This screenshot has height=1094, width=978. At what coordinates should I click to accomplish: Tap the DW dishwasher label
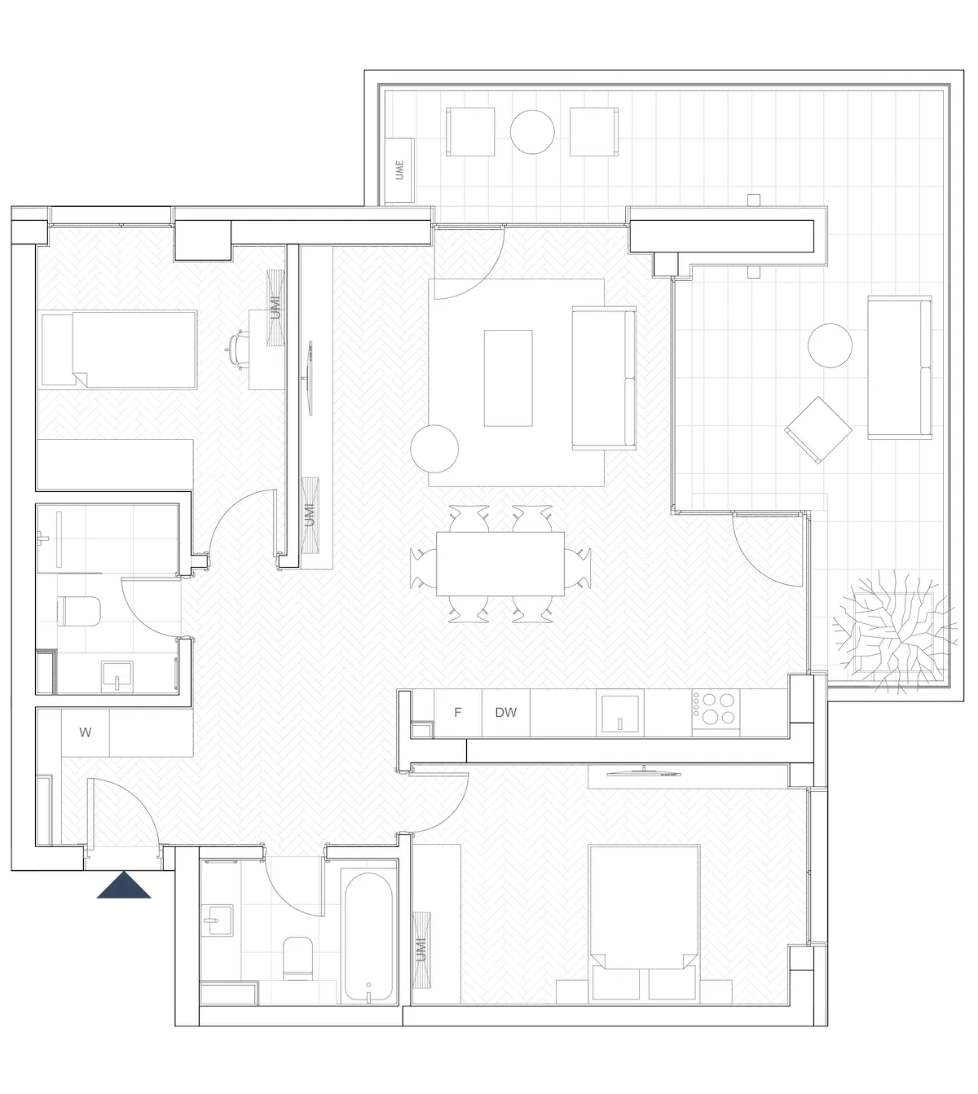tap(506, 712)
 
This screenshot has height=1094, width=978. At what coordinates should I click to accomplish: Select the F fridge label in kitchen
tap(458, 712)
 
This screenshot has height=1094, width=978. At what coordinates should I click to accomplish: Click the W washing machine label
tap(86, 732)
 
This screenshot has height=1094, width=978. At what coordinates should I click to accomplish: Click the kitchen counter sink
tap(619, 714)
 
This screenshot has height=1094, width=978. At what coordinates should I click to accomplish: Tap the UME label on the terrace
tap(399, 169)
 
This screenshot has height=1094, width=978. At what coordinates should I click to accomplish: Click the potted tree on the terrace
tap(894, 632)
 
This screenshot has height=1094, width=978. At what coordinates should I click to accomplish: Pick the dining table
tap(500, 564)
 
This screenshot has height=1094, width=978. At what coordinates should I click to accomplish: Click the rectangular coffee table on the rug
tap(508, 378)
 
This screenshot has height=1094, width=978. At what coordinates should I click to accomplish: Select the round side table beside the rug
tap(434, 449)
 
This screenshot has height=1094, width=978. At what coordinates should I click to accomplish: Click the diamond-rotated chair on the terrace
tap(818, 430)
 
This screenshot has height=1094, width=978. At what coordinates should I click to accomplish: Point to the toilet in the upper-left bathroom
tap(79, 611)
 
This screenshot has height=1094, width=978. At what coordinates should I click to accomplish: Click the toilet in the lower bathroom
tap(297, 959)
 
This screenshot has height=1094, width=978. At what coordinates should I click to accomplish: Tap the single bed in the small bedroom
tap(119, 349)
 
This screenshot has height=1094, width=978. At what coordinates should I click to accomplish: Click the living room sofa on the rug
tap(604, 378)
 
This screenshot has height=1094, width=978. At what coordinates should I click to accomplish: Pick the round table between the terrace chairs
tap(532, 132)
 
